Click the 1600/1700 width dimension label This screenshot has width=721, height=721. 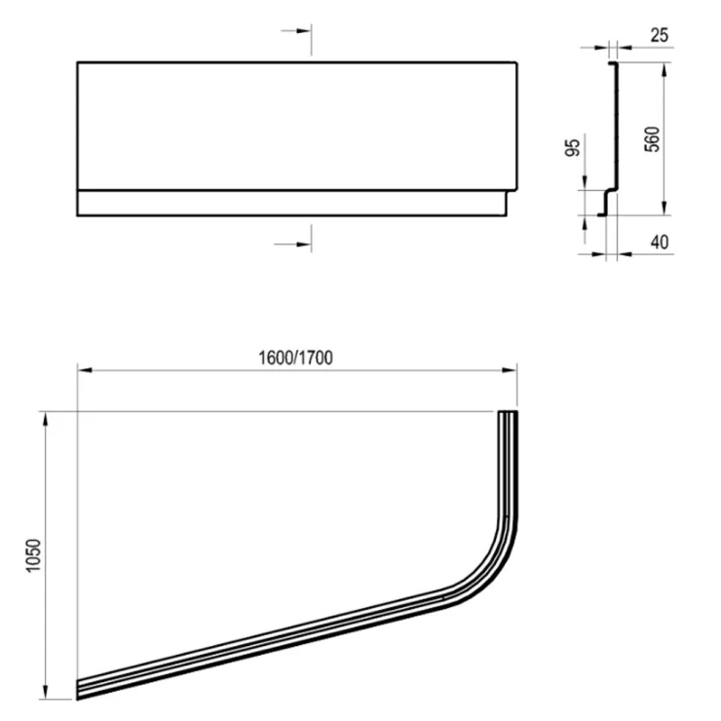click(x=295, y=358)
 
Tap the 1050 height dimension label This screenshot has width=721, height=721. click(x=34, y=555)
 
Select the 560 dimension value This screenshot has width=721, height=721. click(x=652, y=139)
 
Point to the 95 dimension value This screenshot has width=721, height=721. click(x=573, y=147)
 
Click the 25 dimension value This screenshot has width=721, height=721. click(x=660, y=35)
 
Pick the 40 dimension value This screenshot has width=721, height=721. click(x=660, y=242)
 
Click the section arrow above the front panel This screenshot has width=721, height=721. click(x=296, y=31)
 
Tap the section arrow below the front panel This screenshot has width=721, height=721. click(x=293, y=245)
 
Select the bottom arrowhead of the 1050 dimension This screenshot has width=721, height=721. click(x=45, y=690)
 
